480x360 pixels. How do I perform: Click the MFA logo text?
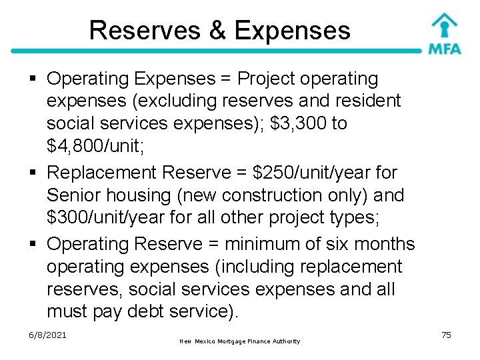click(x=444, y=49)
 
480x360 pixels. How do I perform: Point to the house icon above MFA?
click(x=444, y=26)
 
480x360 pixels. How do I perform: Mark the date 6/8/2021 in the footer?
click(x=47, y=335)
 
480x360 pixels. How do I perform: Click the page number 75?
click(x=446, y=335)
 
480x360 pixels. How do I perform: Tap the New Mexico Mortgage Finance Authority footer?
click(x=240, y=341)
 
